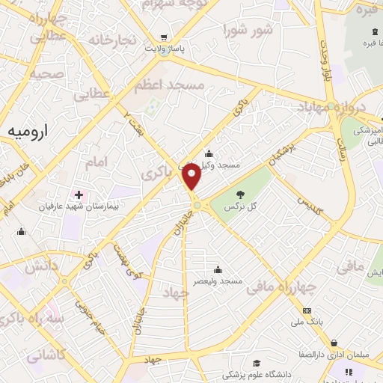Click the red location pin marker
click(x=193, y=177)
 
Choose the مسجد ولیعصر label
click(x=218, y=281)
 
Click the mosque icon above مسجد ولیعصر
click(x=218, y=269)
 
